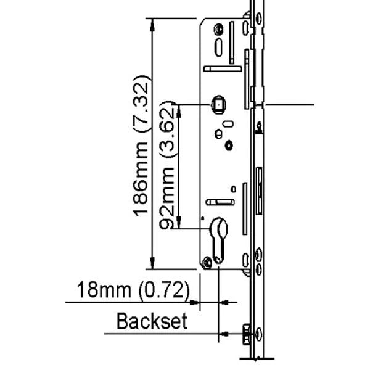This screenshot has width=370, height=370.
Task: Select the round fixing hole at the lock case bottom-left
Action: [208, 263]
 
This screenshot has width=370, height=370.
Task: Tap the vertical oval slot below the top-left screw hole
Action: [218, 47]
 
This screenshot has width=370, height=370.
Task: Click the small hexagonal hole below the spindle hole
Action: [229, 145]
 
